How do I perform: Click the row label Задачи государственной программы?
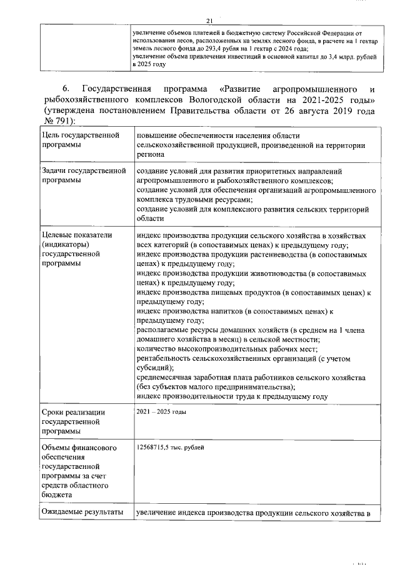pos(79,175)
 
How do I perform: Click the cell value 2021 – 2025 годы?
pos(161,412)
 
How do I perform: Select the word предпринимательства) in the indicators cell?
pos(223,387)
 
